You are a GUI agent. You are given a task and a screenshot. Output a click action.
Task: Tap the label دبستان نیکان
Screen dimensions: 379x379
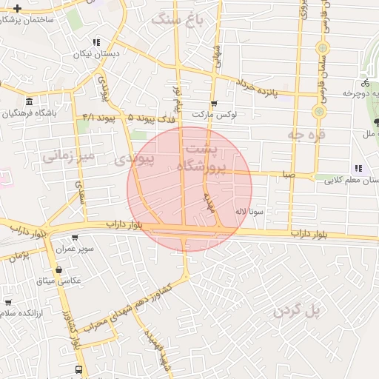[x=94, y=55]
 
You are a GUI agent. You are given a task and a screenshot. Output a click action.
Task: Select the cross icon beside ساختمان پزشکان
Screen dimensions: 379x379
[x=18, y=8]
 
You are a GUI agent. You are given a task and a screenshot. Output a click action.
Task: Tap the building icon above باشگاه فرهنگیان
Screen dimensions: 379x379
[x=29, y=101]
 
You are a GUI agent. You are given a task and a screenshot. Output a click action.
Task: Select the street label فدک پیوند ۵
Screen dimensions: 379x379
[x=152, y=118]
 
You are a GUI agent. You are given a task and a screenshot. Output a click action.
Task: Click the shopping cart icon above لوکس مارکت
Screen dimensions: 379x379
[x=214, y=104]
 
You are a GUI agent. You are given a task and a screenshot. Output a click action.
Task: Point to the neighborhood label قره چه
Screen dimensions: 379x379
[x=303, y=135]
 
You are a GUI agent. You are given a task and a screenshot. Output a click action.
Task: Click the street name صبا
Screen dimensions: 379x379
[x=288, y=175]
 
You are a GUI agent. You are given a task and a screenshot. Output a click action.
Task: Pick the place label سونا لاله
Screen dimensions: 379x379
[x=249, y=211]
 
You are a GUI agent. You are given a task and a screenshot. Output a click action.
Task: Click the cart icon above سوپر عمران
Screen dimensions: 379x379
[x=75, y=238]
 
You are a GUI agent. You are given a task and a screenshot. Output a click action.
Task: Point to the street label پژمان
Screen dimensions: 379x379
[x=19, y=255]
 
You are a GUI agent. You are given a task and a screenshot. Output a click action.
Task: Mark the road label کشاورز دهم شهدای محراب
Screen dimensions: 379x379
[x=138, y=305]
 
